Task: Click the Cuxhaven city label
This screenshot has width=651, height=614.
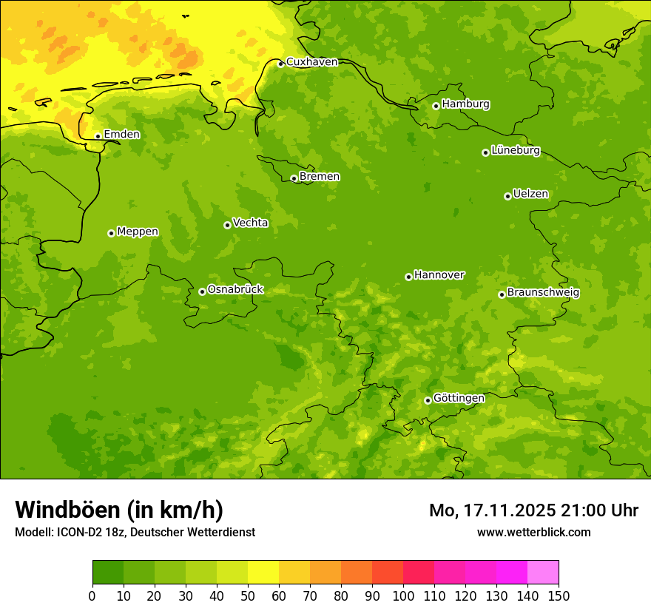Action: coord(311,62)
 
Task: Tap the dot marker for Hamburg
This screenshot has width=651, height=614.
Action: coord(436,106)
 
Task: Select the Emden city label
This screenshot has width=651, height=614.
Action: coord(121,135)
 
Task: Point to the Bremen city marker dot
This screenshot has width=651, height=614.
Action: coord(294,178)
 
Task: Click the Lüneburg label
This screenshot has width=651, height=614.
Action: coord(516,151)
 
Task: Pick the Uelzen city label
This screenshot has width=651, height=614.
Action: coord(530,195)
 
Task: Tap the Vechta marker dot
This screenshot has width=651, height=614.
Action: coord(227,225)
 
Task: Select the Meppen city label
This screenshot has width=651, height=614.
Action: coord(138,232)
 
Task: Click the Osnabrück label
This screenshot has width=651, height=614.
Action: coord(235,290)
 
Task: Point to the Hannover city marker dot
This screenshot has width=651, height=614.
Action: coord(408,277)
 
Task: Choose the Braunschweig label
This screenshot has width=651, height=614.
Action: coord(543,293)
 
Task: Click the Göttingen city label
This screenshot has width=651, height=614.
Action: coord(459,399)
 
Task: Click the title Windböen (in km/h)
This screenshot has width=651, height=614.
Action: coord(119,510)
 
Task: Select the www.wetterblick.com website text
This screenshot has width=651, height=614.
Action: coord(533,533)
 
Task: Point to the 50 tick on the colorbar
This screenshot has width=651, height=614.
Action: coord(248,596)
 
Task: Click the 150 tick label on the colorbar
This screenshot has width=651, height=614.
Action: coord(559,596)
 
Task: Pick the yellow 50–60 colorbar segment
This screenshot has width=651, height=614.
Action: coord(263,573)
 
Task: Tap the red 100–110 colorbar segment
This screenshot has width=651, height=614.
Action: coord(419,573)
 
